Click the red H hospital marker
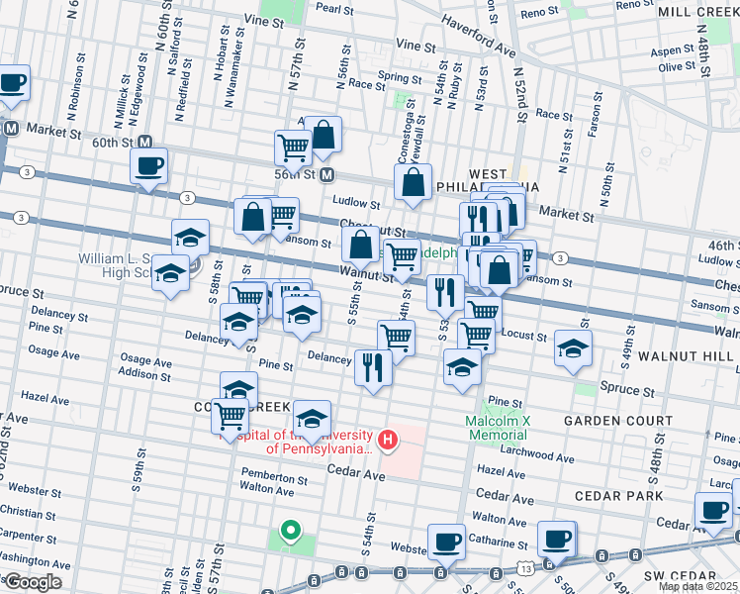point(389,439)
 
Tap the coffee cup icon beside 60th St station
point(148,166)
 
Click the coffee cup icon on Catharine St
point(556,539)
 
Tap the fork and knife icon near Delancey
point(373,367)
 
